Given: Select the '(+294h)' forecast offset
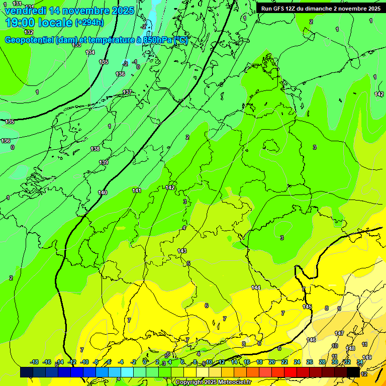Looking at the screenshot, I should tap(89, 23).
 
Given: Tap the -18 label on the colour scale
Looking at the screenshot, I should tap(34, 362).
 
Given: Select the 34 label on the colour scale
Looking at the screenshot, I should tap(360, 362).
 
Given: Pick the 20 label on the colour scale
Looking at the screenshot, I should tap(271, 362).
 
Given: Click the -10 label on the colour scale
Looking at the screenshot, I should tap(84, 362).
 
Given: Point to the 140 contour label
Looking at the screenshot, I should tap(103, 192).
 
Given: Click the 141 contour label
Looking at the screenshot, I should tap(137, 190).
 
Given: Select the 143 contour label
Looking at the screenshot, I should tap(182, 250).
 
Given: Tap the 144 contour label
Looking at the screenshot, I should tap(256, 287).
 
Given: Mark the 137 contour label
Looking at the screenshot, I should tap(127, 92).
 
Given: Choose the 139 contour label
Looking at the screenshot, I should tap(104, 162).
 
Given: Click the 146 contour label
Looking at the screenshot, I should tap(312, 340).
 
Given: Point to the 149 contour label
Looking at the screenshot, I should tap(367, 357).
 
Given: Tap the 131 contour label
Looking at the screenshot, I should tap(17, 4).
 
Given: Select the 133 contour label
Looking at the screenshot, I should tap(76, 45).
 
